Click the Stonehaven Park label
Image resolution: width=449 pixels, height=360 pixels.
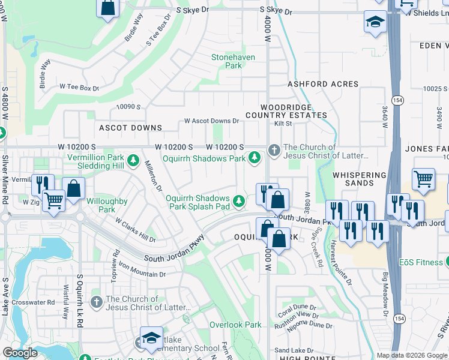pyautogui.click(x=233, y=61)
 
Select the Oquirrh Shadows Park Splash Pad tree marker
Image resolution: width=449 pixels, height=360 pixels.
pyautogui.click(x=240, y=200)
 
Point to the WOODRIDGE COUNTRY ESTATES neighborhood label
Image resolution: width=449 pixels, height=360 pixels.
pyautogui.click(x=286, y=110)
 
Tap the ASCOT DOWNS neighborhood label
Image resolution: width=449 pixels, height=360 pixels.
pyautogui.click(x=130, y=128)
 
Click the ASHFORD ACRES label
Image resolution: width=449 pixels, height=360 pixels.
pyautogui.click(x=323, y=85)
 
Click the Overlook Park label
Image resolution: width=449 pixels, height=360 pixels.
pyautogui.click(x=235, y=325)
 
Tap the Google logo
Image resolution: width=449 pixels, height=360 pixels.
pyautogui.click(x=20, y=353)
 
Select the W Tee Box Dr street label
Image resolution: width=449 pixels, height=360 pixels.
pyautogui.click(x=79, y=88)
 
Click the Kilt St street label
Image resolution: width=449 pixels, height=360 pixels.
pyautogui.click(x=283, y=124)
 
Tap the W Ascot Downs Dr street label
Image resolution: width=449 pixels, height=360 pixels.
pyautogui.click(x=211, y=121)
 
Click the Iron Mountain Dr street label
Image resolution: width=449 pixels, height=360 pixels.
pyautogui.click(x=142, y=269)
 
